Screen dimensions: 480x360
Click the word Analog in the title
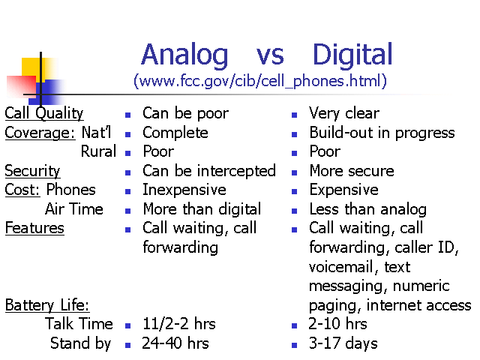click(184, 55)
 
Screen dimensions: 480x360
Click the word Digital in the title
click(352, 55)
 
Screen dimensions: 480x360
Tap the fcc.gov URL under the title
click(260, 81)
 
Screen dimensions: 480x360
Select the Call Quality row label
click(44, 113)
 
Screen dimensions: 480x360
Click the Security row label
click(32, 171)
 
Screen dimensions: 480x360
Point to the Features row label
click(34, 228)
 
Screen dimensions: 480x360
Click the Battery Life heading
click(47, 305)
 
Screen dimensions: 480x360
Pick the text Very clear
click(344, 113)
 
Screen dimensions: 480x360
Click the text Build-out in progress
click(382, 133)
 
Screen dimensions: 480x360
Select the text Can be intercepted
click(209, 171)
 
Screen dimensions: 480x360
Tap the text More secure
click(352, 171)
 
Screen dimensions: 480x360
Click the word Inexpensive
click(184, 190)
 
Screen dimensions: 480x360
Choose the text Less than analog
click(368, 210)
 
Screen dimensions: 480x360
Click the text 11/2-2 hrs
click(179, 324)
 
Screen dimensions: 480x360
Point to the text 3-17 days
click(343, 343)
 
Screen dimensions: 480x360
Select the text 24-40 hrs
click(175, 343)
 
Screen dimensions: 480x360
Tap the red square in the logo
click(22, 85)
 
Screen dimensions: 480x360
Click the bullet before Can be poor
click(128, 115)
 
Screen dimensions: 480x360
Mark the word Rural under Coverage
click(98, 151)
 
